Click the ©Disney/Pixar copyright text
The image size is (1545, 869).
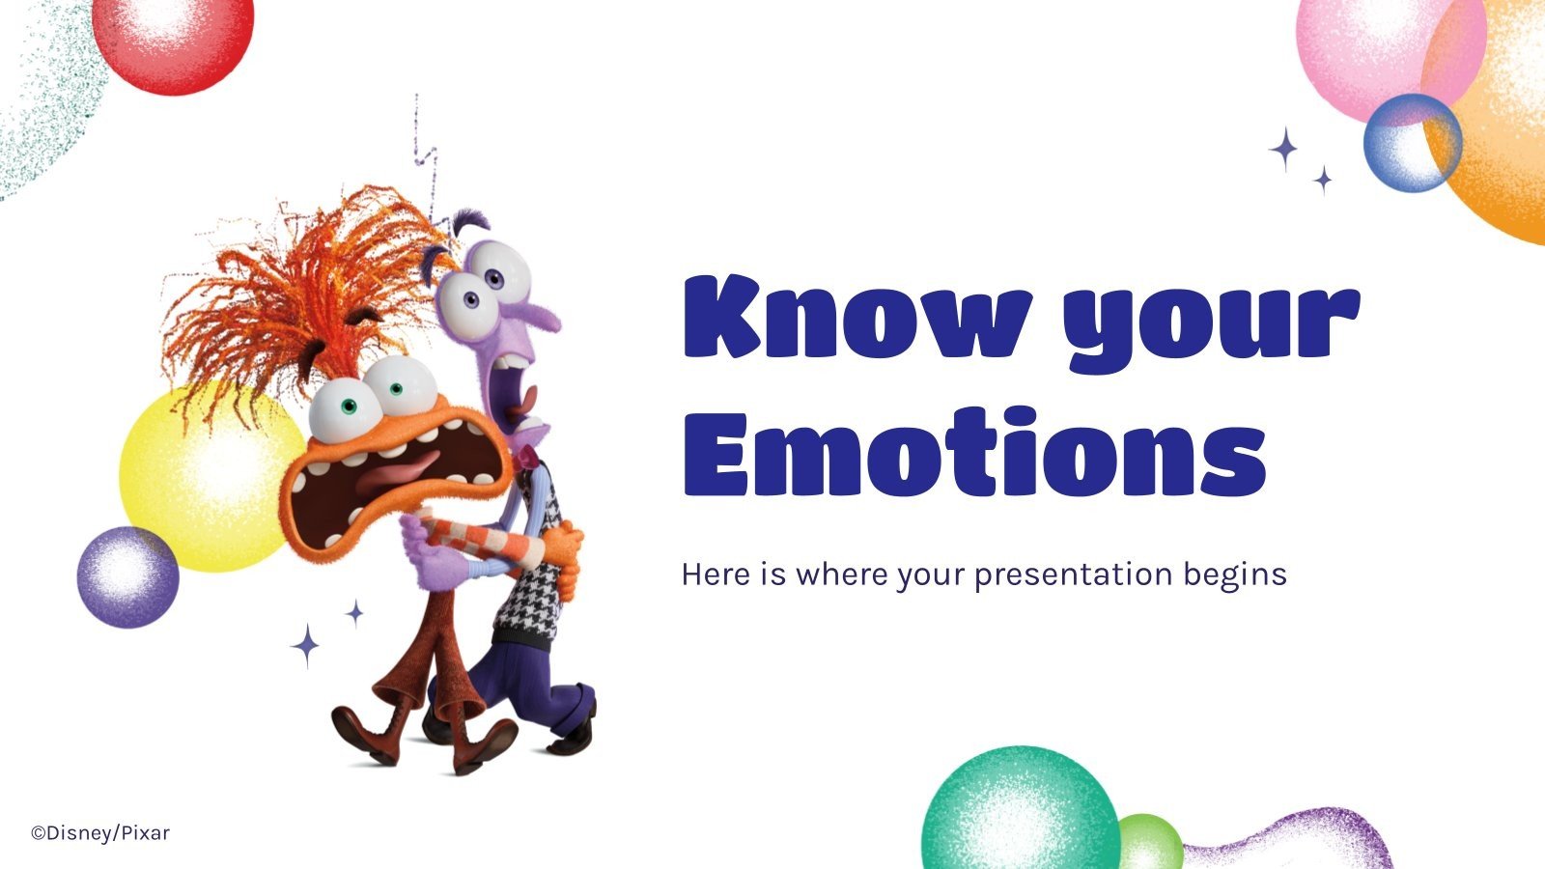point(99,832)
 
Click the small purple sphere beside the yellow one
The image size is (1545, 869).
point(127,577)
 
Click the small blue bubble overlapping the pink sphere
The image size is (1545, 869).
point(1412,143)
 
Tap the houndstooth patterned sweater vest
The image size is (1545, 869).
point(536,570)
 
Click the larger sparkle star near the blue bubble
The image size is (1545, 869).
point(1283,150)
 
